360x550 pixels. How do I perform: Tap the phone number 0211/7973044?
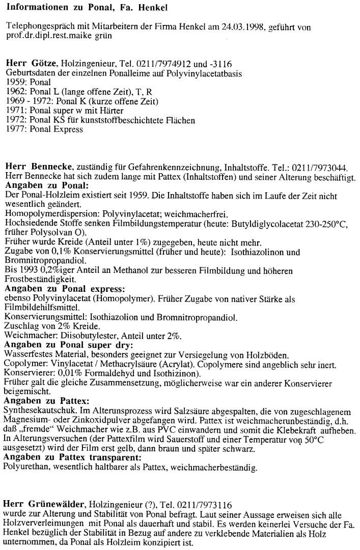tap(312, 167)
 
